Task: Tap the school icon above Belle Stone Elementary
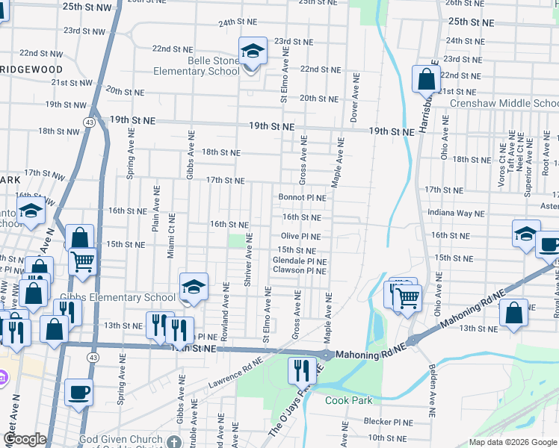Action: (253, 51)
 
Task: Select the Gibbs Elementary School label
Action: (119, 297)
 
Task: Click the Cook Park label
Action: (348, 400)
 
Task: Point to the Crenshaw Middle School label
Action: (515, 103)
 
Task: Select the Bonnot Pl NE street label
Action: (302, 198)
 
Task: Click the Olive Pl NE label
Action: (300, 236)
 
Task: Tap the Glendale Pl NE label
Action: (299, 261)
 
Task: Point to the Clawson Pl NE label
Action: (299, 270)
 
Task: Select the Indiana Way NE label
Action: (456, 213)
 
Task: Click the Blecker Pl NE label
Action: (389, 421)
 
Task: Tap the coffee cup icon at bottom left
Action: (78, 391)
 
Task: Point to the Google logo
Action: (24, 440)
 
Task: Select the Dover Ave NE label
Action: (356, 98)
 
